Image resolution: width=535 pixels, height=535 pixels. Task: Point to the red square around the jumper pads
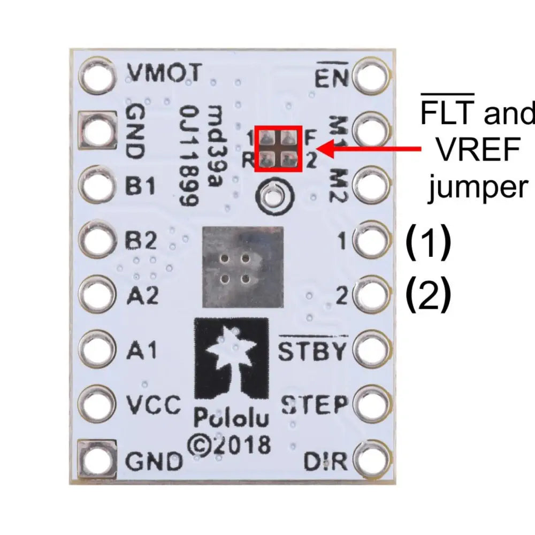point(278,149)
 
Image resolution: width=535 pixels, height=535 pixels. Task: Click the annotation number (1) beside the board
point(429,242)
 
